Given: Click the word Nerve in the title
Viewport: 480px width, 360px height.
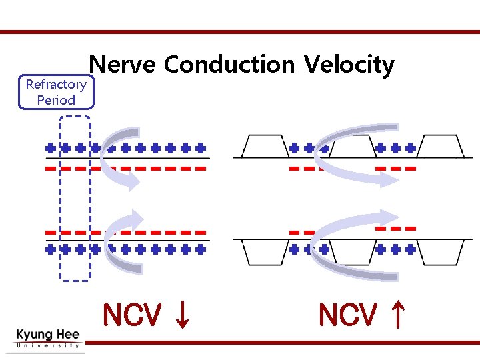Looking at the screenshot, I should tap(123, 65).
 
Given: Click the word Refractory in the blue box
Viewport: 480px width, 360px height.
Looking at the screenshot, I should tap(56, 85).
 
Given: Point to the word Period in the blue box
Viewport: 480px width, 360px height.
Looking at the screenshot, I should tap(56, 101).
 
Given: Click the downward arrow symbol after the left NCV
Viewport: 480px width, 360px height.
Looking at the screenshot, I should tap(181, 315).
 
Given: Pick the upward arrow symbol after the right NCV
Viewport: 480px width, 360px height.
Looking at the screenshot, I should tap(397, 315).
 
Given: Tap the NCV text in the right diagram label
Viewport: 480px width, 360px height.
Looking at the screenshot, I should tap(347, 315).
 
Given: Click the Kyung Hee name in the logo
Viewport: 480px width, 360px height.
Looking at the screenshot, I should tap(47, 335).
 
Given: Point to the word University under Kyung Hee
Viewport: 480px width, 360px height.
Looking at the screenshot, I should tap(47, 345).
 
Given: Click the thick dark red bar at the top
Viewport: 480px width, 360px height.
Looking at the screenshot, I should tap(240, 31).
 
